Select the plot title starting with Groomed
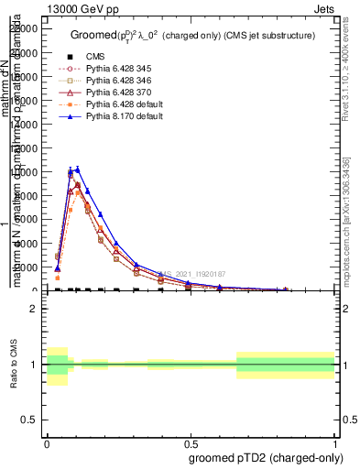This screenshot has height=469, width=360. pos(192,35)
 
